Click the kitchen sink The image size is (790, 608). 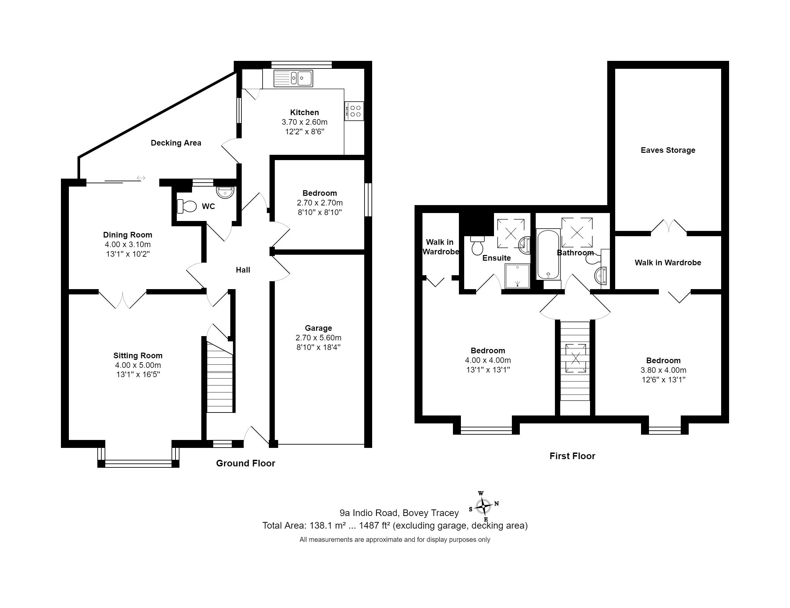pos(293,78)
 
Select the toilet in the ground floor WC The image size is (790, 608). pos(187,206)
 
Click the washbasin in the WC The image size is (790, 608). pos(226,192)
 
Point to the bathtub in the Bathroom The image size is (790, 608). pos(548,254)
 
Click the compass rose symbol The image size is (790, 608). pos(484,506)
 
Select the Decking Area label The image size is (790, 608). pos(176,143)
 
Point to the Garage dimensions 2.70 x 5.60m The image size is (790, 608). pos(318,338)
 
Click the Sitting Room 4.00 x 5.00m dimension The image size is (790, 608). pos(138,365)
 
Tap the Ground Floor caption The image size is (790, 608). pos(246,463)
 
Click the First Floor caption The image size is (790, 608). pos(572,456)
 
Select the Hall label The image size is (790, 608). pos(243,270)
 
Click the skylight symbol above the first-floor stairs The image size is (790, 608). pos(575,358)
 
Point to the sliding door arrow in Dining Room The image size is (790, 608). pos(141,178)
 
